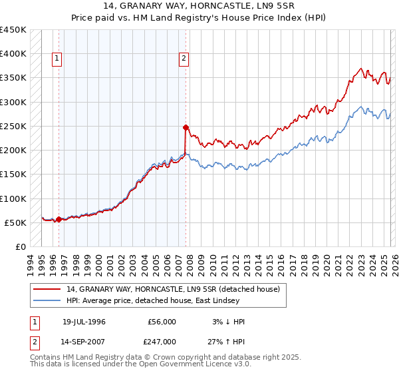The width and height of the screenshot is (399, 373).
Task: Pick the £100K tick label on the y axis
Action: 13,198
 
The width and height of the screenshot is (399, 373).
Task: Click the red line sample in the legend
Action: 47,289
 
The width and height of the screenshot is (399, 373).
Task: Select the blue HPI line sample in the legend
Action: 47,301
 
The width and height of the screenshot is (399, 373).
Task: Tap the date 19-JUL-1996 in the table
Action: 84,322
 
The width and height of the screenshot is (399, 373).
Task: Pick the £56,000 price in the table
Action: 160,322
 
